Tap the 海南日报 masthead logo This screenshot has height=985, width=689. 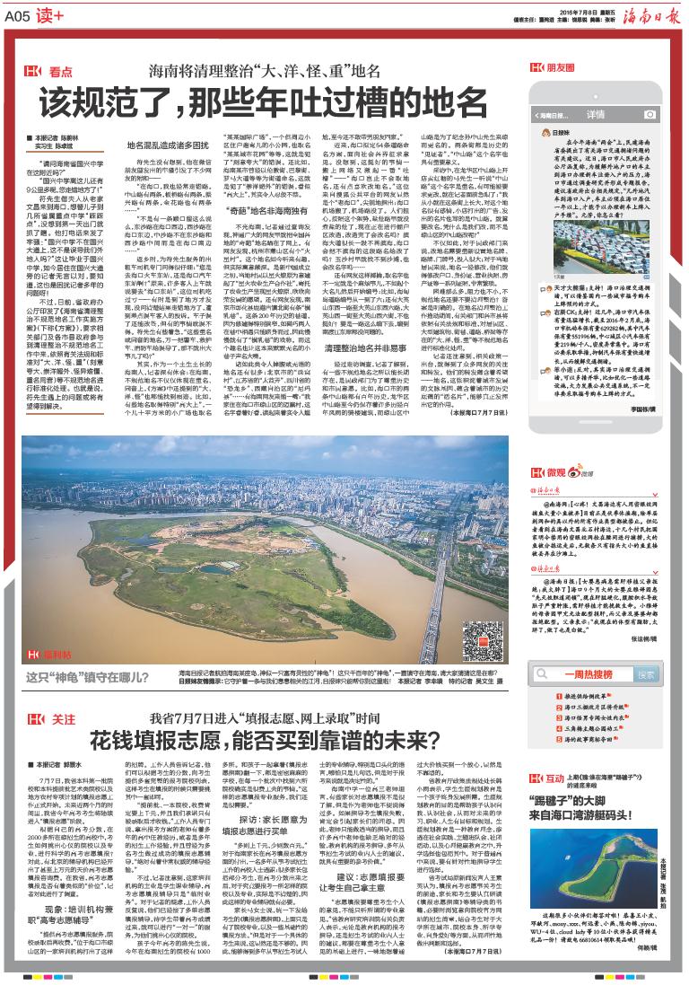coord(636,15)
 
